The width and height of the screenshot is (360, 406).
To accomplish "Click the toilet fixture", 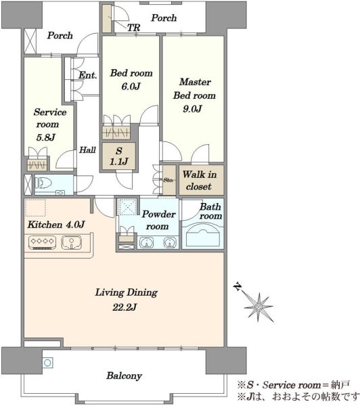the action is click(x=43, y=183).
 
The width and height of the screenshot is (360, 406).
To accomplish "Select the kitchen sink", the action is click(x=72, y=243).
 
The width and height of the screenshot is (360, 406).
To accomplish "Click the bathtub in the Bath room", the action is click(x=202, y=236).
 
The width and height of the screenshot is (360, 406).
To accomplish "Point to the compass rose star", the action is click(x=258, y=307).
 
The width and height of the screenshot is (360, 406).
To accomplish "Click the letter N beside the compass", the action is click(x=238, y=287).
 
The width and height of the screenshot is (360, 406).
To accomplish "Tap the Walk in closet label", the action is click(x=200, y=180).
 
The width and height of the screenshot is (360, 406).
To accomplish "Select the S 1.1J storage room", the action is click(x=118, y=156).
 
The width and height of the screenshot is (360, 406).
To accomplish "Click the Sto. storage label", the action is click(x=168, y=180).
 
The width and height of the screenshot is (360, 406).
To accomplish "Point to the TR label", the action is click(x=133, y=28).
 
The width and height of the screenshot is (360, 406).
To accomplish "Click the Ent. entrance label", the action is click(x=88, y=75).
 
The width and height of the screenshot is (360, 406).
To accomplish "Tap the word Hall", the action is click(x=87, y=150).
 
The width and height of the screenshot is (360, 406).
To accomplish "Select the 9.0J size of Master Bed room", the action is click(x=192, y=109).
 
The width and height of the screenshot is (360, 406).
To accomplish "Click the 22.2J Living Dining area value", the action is click(x=125, y=307).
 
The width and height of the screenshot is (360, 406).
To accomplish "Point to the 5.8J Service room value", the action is click(x=45, y=137).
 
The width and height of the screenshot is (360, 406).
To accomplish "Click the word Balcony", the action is click(x=125, y=376).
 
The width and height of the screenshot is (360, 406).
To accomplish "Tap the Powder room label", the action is click(x=158, y=220).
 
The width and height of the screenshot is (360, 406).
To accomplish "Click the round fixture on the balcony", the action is click(x=47, y=363).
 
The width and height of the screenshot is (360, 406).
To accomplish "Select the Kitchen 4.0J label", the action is click(x=56, y=225).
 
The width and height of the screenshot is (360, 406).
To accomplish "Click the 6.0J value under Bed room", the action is click(x=131, y=86).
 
